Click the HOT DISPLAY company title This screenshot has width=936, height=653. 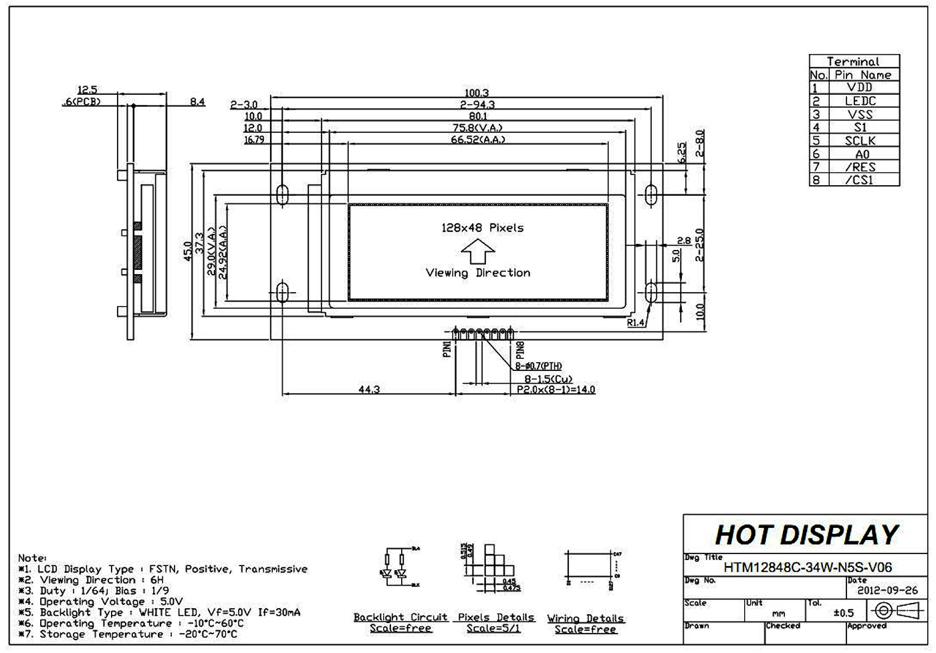click(806, 535)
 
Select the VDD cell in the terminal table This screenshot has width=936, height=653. click(859, 88)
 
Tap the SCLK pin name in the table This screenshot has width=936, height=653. click(859, 140)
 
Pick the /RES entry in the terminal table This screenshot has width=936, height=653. click(859, 167)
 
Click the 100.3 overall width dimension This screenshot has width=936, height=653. click(477, 93)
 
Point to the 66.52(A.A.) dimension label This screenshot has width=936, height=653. click(477, 140)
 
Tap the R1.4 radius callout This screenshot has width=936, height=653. click(636, 323)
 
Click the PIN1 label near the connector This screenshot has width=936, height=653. click(447, 349)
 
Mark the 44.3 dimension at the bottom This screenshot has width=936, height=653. click(368, 389)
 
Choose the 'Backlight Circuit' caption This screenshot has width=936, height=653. click(400, 617)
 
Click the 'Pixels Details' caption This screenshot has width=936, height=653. click(495, 617)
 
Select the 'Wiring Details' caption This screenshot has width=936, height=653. click(585, 618)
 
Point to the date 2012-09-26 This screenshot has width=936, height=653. click(887, 591)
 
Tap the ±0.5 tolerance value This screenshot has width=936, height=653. click(844, 613)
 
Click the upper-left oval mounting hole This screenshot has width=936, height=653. click(282, 194)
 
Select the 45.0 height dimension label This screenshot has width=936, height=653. click(188, 251)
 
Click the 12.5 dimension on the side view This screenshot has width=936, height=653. click(88, 90)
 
